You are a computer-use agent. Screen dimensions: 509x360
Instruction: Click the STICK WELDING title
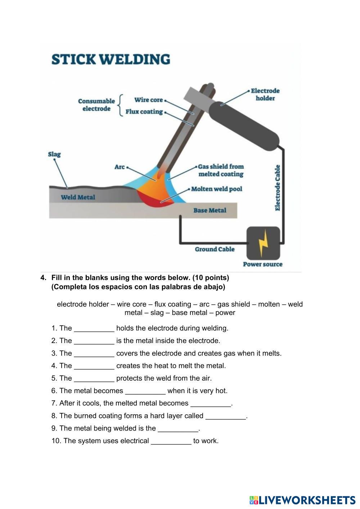click(111, 59)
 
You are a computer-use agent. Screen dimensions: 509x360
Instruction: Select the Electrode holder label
click(265, 94)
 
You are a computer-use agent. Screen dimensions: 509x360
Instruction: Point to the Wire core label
click(149, 100)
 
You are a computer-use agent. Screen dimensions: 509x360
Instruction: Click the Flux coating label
click(144, 112)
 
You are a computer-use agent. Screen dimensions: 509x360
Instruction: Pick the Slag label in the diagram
click(54, 154)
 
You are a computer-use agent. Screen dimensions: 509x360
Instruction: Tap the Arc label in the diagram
click(120, 167)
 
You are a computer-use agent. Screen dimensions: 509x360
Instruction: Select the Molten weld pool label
click(217, 189)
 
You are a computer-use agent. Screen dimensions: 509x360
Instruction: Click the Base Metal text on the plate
click(210, 211)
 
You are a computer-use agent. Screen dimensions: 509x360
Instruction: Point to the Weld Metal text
click(78, 197)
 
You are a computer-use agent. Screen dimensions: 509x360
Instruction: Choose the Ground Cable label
click(215, 249)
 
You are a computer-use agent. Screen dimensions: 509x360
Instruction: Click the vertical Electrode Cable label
click(278, 188)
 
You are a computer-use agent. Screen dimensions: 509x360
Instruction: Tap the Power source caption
click(262, 264)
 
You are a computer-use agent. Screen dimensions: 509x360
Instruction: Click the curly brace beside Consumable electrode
click(121, 105)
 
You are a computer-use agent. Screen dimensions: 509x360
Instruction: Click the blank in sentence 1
click(94, 329)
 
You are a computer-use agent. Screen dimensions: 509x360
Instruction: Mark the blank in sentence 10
click(171, 441)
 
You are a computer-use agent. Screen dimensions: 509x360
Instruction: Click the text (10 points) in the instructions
click(211, 278)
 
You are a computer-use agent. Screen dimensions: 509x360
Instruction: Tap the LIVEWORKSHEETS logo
click(302, 500)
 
